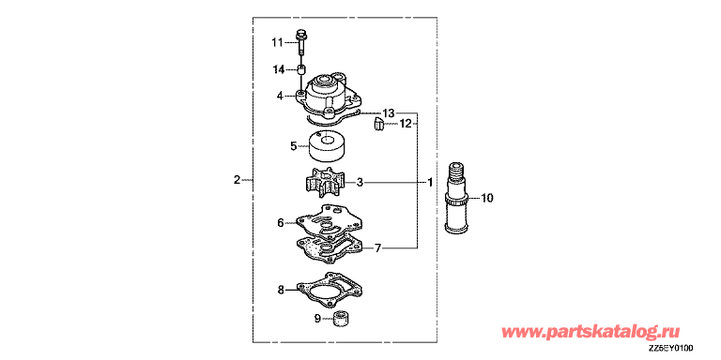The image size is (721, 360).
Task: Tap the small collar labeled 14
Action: tap(301, 70)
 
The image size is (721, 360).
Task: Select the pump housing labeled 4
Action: tap(330, 97)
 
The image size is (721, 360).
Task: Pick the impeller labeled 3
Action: tap(327, 182)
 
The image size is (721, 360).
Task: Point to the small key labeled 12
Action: tap(378, 124)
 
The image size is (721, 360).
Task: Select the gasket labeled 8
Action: tap(328, 291)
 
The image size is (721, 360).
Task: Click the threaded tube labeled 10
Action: tap(456, 197)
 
